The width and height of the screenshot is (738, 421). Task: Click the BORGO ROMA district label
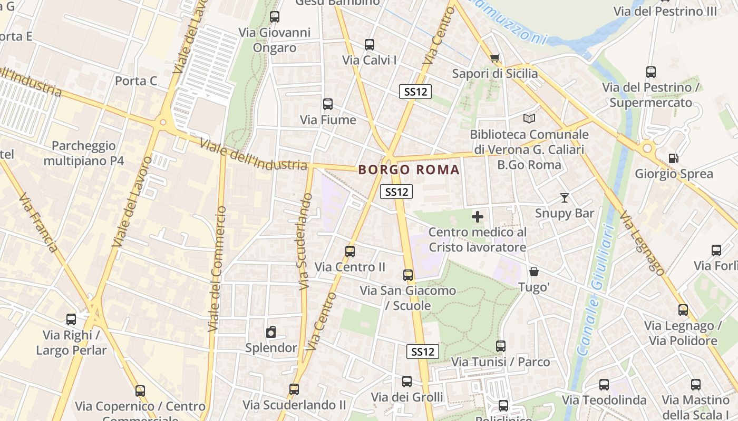click(x=409, y=170)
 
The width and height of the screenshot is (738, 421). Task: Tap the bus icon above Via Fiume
click(x=328, y=104)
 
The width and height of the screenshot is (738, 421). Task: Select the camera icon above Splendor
click(x=271, y=332)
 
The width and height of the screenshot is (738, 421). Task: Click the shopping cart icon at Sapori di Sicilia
click(x=494, y=58)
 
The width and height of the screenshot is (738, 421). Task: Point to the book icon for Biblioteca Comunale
click(x=529, y=119)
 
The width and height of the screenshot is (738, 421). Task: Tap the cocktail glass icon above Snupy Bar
click(x=565, y=198)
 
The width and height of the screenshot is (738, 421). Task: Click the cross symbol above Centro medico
click(x=478, y=217)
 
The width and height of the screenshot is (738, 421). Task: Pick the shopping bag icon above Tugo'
click(x=534, y=272)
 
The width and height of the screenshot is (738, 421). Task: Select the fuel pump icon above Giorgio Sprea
click(x=673, y=158)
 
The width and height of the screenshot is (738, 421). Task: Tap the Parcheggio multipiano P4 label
click(x=84, y=153)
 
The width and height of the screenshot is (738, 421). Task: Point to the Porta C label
click(x=136, y=81)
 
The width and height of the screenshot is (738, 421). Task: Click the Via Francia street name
click(x=37, y=223)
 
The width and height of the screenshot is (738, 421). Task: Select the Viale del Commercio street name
click(x=217, y=268)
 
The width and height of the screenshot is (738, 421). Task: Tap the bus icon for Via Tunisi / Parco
click(x=501, y=346)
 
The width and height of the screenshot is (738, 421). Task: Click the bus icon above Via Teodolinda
click(x=604, y=385)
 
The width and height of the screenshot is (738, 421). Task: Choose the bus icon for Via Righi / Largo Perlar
click(x=71, y=319)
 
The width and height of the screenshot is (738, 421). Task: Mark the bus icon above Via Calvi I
click(x=370, y=45)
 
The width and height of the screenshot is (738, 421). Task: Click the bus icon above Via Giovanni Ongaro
click(x=274, y=17)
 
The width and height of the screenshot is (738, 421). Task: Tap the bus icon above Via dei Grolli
click(x=407, y=382)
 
